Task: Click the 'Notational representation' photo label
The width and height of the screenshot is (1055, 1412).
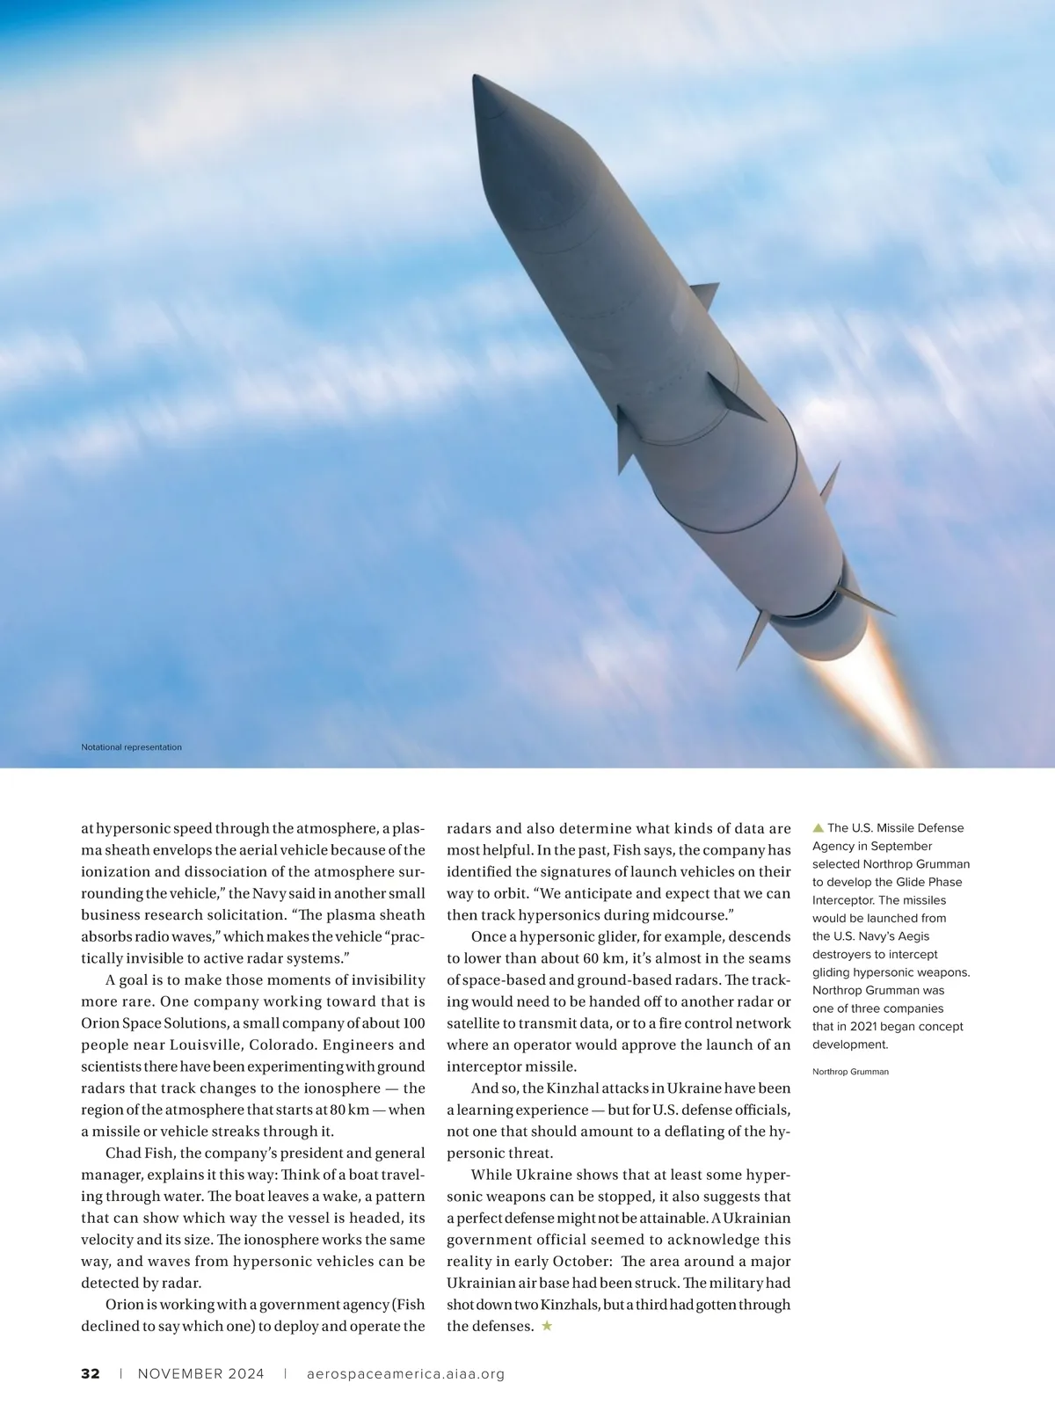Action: point(131,747)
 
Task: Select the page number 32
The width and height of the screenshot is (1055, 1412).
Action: point(91,1373)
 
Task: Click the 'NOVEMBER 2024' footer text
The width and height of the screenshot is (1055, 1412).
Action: point(200,1373)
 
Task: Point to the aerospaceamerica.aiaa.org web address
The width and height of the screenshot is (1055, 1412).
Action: point(405,1373)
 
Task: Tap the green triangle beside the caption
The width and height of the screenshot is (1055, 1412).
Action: point(818,827)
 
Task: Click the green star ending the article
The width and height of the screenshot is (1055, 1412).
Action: point(547,1326)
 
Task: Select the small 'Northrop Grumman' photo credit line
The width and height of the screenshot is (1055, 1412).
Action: point(850,1072)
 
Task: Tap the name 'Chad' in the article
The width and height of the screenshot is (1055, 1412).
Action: point(123,1153)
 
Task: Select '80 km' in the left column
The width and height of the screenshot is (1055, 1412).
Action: point(349,1110)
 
